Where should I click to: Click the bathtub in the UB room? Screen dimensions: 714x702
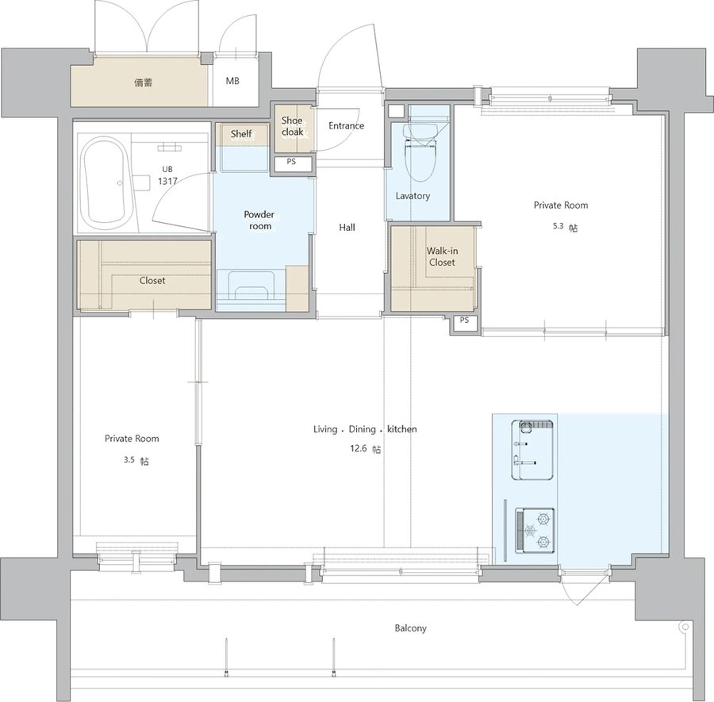(x=104, y=183)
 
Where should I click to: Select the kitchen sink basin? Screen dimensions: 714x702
(x=533, y=450)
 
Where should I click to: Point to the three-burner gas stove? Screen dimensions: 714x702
(x=535, y=531)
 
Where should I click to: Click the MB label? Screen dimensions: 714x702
(x=232, y=81)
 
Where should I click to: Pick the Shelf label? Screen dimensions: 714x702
(x=241, y=134)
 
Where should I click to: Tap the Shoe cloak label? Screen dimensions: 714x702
(x=292, y=126)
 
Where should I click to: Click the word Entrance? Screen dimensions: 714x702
(x=346, y=125)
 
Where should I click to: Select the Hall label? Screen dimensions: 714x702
(x=347, y=227)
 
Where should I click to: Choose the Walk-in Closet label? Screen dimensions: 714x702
(x=442, y=256)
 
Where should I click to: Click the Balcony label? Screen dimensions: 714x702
(x=410, y=628)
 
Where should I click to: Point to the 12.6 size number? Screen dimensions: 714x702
(x=358, y=448)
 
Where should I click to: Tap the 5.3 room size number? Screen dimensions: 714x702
(x=559, y=226)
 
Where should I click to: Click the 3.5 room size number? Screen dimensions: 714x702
(x=129, y=460)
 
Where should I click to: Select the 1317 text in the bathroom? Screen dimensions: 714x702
(x=167, y=181)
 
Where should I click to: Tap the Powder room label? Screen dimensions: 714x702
(x=259, y=220)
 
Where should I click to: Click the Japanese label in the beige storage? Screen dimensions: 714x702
(x=144, y=82)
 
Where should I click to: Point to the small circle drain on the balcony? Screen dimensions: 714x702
(x=684, y=627)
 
